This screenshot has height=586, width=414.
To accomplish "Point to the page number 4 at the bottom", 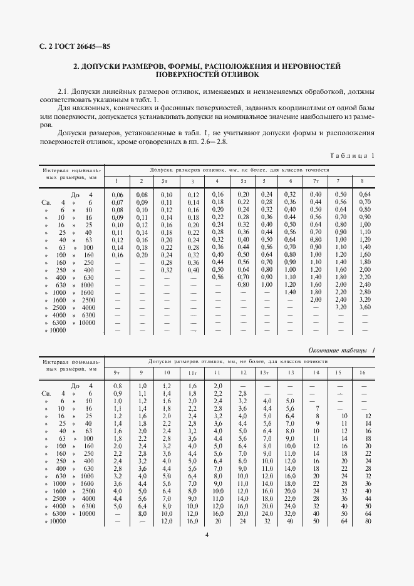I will click(x=207, y=534).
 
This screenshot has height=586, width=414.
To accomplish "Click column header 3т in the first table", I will click(x=165, y=182).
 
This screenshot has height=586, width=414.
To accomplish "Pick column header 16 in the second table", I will click(x=362, y=373).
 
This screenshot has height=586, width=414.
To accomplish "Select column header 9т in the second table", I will click(x=117, y=373).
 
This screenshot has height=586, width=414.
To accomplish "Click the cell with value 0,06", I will click(x=117, y=195).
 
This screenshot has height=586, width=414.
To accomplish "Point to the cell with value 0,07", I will click(x=117, y=202).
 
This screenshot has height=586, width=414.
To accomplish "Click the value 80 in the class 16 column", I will click(x=367, y=520).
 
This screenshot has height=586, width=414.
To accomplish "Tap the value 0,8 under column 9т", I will click(x=117, y=386).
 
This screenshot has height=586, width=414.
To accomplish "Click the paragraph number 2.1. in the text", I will click(x=64, y=91).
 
